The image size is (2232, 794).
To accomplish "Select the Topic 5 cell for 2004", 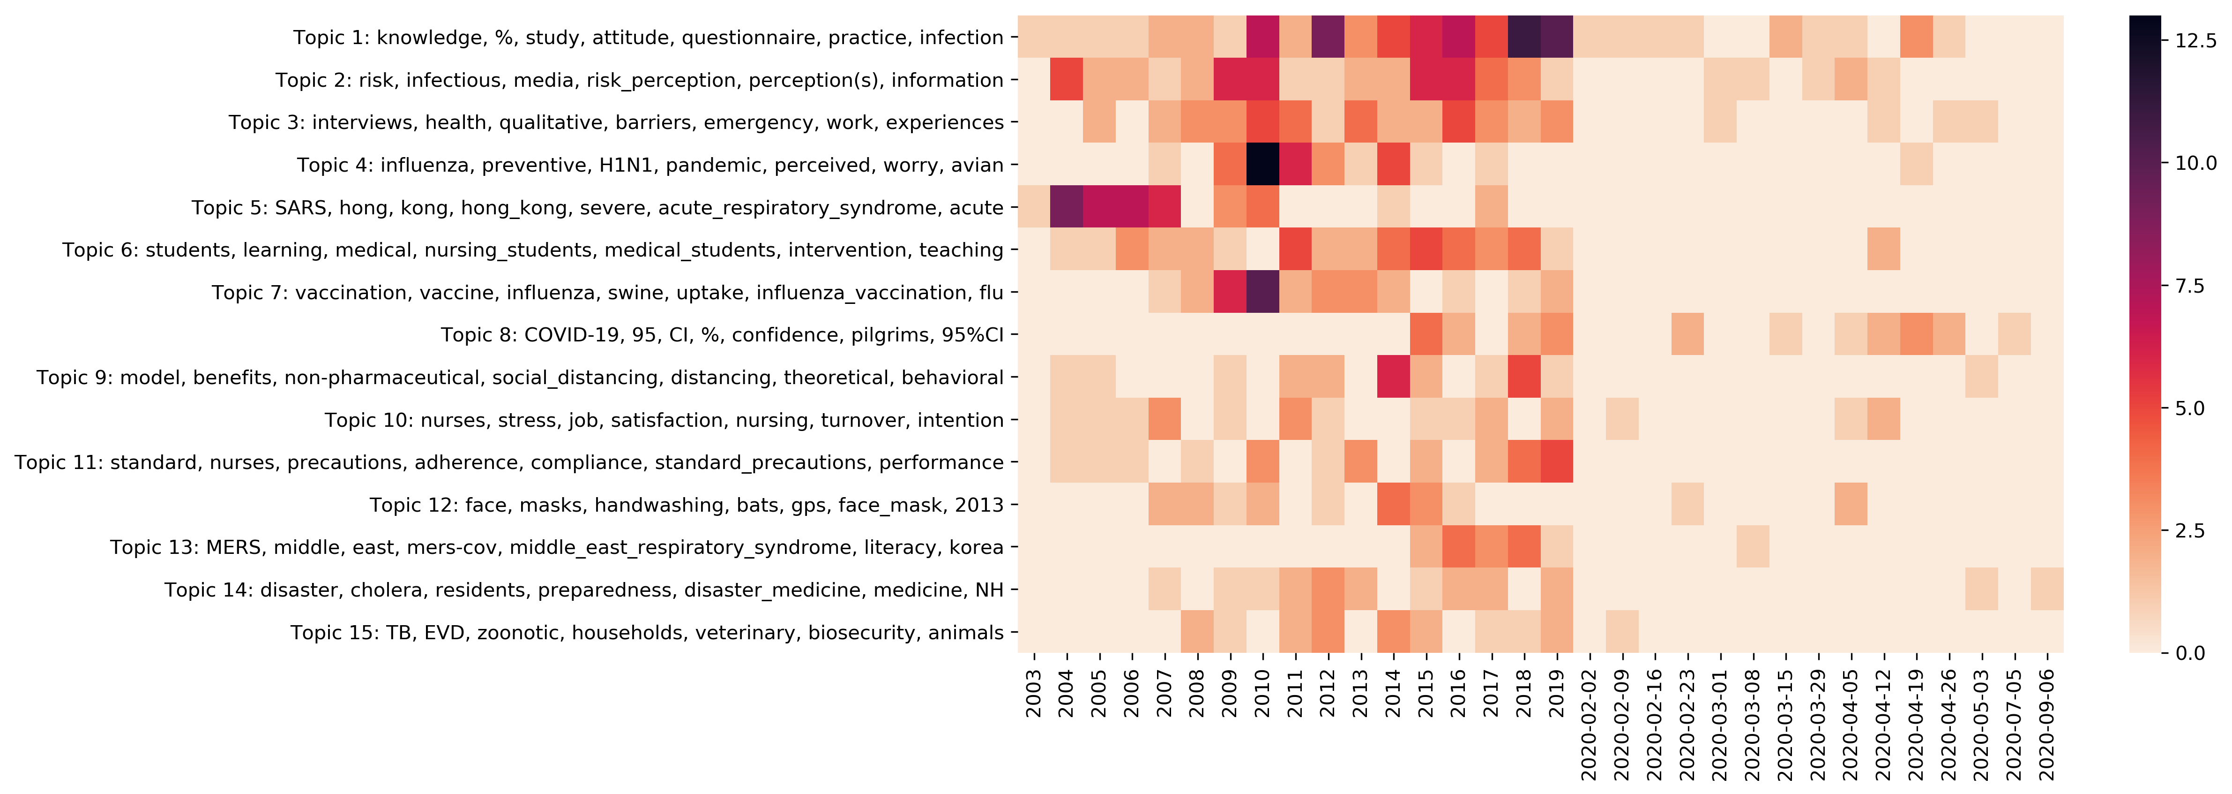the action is (x=1067, y=207).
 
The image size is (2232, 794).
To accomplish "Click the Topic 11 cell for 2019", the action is (x=1557, y=462).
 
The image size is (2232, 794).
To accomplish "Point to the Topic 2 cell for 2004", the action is (x=1067, y=80).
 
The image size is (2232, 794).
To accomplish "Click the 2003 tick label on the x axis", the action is (x=1034, y=694).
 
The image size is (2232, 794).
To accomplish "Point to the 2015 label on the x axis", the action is (x=1426, y=694).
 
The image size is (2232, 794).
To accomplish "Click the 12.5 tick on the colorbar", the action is (x=2196, y=40).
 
